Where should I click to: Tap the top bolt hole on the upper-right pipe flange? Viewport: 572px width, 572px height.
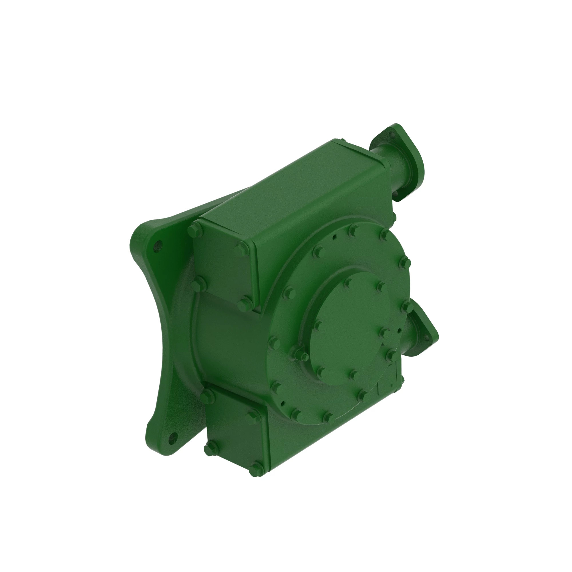tap(393, 135)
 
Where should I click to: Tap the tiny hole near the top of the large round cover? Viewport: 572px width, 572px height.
tap(334, 237)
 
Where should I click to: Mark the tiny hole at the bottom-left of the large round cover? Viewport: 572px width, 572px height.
tap(283, 403)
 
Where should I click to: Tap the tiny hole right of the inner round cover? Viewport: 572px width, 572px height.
tap(399, 330)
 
